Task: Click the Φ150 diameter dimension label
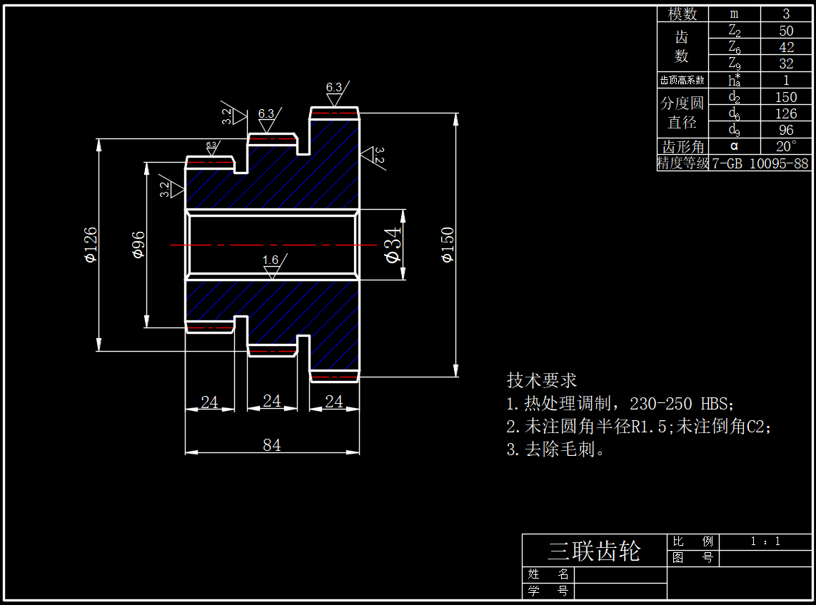point(448,245)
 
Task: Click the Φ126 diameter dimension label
point(90,245)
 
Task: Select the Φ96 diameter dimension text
point(138,245)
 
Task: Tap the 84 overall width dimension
point(272,445)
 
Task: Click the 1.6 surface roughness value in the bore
point(271,260)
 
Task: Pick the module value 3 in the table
point(786,14)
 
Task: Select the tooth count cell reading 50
point(786,31)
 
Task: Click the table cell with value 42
point(786,48)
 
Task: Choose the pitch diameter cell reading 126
point(786,113)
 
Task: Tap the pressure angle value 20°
point(786,146)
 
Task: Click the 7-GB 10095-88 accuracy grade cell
point(760,163)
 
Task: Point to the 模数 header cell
point(682,14)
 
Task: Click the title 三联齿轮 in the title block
point(594,551)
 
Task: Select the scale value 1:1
point(766,542)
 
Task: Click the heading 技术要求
point(542,380)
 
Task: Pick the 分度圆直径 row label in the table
point(682,113)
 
